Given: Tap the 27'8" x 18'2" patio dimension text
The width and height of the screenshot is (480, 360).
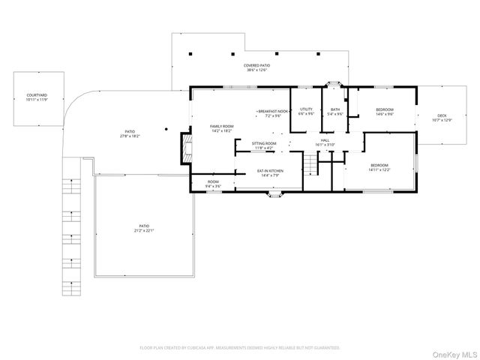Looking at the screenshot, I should (x=130, y=136).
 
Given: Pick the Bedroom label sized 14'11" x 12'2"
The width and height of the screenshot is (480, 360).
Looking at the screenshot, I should (x=379, y=167).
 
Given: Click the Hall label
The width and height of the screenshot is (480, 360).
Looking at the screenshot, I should (x=325, y=142).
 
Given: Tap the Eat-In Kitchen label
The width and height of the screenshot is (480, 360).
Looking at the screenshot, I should (x=268, y=174).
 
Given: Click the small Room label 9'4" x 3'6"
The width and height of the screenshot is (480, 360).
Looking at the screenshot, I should (x=213, y=184).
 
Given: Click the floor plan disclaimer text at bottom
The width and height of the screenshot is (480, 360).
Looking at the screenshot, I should (x=240, y=348).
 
